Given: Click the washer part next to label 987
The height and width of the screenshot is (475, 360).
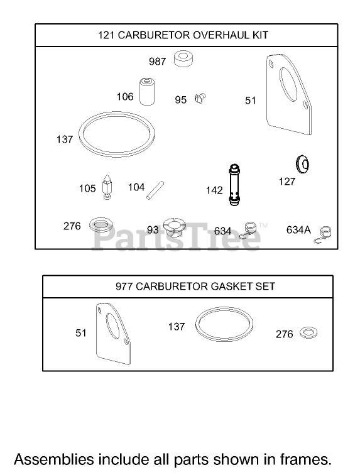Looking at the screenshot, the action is coord(183,59).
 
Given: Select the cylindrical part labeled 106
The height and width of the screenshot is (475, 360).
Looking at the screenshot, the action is coord(147,92).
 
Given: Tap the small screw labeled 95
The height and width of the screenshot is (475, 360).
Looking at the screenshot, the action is coord(200,98).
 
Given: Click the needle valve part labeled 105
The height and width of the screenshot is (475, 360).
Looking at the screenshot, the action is coord(107,187).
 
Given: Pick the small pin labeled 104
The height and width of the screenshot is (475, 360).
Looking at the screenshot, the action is coord(155,190).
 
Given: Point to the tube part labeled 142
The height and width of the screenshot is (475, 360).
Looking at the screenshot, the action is coord(234,185).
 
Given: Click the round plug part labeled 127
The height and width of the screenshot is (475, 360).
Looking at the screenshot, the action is coord(302,164).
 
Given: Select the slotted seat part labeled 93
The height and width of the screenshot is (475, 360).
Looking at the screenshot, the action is coord(173,229).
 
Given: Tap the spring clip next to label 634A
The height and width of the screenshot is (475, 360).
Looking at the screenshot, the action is coord(323,235).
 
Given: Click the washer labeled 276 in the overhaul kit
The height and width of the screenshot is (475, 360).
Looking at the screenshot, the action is coord(101,224).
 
